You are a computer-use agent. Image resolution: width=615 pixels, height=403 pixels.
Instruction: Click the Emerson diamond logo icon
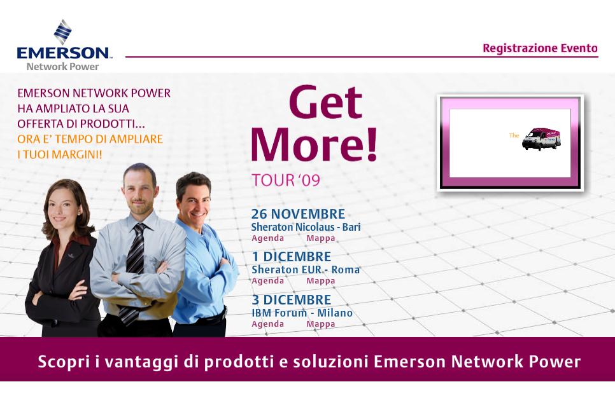pos(63,32)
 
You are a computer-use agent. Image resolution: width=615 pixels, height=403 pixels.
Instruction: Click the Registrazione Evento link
pos(540,48)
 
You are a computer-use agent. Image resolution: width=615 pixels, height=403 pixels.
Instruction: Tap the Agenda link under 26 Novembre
pos(268,238)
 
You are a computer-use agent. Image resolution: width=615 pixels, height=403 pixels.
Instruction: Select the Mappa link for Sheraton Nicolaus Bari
pos(321,238)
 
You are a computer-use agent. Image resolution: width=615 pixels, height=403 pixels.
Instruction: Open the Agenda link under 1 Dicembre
pos(268,281)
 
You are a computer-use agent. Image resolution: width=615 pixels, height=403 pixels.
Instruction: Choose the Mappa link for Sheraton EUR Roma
pos(321,281)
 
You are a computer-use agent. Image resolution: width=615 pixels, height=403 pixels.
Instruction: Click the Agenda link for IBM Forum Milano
pos(268,324)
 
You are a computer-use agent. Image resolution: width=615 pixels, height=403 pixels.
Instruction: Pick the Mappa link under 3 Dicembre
pos(321,324)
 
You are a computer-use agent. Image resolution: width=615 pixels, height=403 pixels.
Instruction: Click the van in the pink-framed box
pos(541,138)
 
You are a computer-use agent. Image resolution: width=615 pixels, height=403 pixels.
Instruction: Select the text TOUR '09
pos(285,180)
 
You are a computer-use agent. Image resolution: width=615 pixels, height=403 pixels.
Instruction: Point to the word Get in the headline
pos(325,102)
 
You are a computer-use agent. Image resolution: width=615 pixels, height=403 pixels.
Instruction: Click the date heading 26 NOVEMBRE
pos(298,214)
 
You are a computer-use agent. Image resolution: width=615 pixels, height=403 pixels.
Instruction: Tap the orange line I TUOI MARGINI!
pos(60,154)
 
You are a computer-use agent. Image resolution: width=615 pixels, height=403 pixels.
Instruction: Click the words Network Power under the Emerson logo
pos(63,66)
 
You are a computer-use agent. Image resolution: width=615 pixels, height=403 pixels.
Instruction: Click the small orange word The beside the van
pos(514,135)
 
